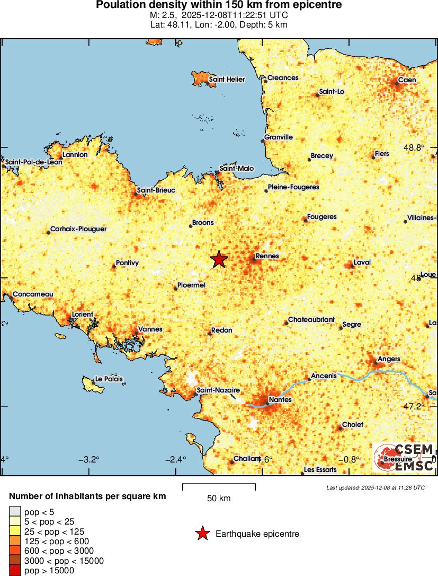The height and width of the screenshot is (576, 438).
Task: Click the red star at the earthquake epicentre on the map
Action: (x=219, y=259)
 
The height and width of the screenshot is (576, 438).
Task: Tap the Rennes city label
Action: (x=267, y=256)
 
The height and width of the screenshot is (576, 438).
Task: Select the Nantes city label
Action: (x=280, y=399)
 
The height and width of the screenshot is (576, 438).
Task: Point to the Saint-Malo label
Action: (x=237, y=169)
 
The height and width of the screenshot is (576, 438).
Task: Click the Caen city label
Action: (x=407, y=80)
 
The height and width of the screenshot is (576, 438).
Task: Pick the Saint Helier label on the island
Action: (x=227, y=80)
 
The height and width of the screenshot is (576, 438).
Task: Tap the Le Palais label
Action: (x=108, y=379)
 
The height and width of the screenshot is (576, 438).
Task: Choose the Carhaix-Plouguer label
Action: (x=78, y=229)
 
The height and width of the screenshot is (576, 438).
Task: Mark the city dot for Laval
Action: (x=352, y=266)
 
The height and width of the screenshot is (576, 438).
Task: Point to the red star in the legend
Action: (x=202, y=534)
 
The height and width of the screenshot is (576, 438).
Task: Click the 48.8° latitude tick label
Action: (x=414, y=148)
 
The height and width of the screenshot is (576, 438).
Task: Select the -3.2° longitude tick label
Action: (x=88, y=459)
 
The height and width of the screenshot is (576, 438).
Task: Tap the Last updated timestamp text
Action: (x=376, y=487)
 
